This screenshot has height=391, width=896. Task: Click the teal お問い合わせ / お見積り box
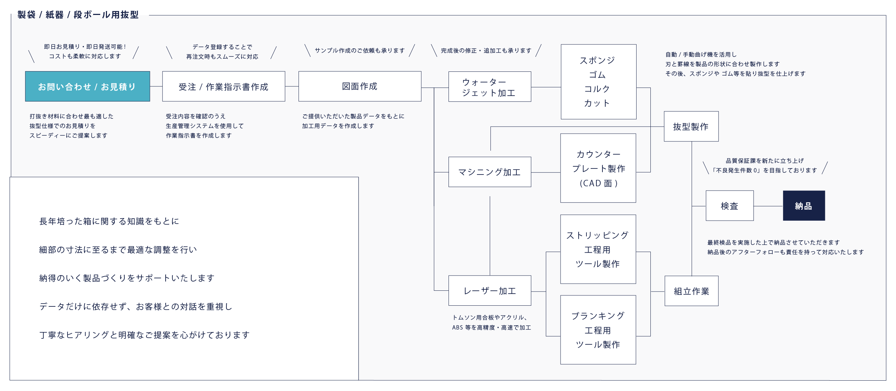coord(87,86)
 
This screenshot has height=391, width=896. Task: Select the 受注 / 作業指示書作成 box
coord(224,86)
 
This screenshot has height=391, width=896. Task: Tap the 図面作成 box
coord(360,86)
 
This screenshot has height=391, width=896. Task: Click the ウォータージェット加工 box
coord(489,87)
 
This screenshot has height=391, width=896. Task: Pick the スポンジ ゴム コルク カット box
coord(598,82)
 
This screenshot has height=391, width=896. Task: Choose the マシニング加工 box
coord(489,172)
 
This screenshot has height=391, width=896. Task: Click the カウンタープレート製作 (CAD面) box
coord(598,168)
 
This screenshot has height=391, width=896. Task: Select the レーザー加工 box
coord(489,291)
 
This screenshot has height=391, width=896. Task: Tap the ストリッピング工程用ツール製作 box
coord(598,249)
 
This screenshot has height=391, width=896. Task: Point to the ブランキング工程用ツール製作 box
coord(598,330)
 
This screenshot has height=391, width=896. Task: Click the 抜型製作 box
coord(691,127)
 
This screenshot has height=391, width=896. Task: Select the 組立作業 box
coord(691,291)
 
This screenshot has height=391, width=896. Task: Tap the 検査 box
coord(729,206)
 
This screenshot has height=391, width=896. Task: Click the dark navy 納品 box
coord(804,206)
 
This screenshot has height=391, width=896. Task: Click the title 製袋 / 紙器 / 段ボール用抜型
coord(78,15)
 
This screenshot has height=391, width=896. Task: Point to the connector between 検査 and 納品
coord(768,206)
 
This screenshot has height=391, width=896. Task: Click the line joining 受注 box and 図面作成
coord(292,86)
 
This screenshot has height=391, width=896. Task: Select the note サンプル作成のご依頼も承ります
coord(360,50)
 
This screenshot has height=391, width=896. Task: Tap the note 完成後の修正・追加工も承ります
coord(486,50)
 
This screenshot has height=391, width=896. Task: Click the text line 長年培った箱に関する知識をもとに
coord(109,221)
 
